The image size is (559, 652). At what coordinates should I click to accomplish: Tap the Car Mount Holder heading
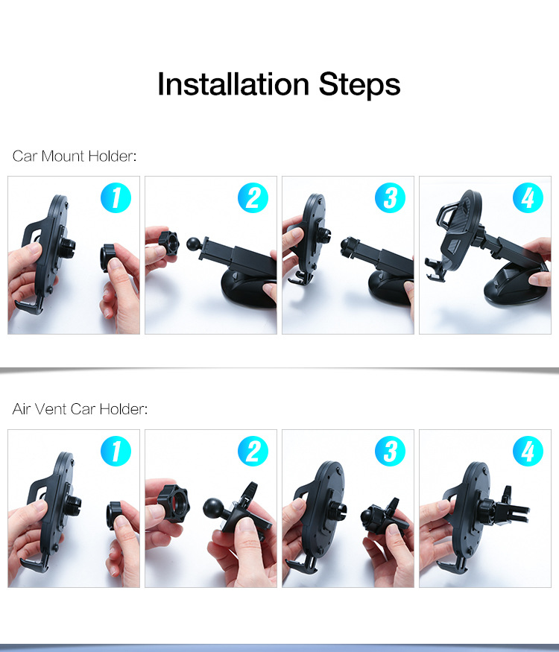coord(75,156)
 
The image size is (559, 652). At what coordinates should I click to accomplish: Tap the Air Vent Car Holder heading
coord(80,409)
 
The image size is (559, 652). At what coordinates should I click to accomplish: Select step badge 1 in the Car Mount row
coord(116,198)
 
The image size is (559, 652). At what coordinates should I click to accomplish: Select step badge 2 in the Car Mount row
coord(253,198)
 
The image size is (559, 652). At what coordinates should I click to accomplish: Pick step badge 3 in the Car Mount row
coord(390,198)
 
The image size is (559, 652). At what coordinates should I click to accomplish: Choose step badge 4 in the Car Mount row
coord(528,198)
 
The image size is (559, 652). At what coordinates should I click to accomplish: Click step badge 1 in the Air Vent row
coord(116,452)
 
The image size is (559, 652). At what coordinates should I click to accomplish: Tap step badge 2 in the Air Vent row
coord(253,452)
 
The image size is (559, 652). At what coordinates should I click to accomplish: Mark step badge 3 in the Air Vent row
coord(390,452)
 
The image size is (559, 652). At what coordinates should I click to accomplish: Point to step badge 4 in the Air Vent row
coord(528,452)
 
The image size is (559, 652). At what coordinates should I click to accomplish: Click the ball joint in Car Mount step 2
coord(194,243)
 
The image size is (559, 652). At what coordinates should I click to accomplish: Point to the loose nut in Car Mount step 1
coord(109,259)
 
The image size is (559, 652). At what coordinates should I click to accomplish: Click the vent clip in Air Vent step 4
coord(514,507)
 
